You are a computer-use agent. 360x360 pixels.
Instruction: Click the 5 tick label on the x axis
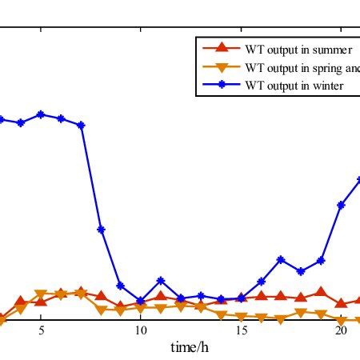point(41,330)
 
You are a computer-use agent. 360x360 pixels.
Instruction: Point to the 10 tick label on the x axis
point(141,330)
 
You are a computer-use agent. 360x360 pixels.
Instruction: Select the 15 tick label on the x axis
point(241,330)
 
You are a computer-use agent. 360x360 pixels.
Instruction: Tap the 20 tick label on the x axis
point(341,330)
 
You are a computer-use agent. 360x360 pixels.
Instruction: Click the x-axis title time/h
point(190,346)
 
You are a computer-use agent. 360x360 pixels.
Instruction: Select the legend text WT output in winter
point(294,86)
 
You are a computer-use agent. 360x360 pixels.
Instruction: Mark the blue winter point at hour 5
point(41,114)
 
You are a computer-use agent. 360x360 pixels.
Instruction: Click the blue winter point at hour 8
point(101,230)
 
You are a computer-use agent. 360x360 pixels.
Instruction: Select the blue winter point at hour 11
point(161,281)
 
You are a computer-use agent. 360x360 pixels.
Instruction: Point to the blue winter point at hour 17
point(281,259)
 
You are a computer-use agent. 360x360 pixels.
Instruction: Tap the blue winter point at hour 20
point(341,205)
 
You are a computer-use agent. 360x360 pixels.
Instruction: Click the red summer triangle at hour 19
point(321,292)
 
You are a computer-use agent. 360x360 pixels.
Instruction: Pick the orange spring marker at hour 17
point(281,318)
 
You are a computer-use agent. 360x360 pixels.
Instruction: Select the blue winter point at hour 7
point(81,125)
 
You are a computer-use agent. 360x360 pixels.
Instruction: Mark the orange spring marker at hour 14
point(221,315)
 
